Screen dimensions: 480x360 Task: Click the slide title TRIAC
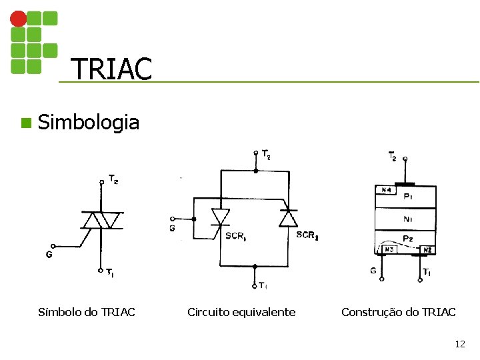pyautogui.click(x=111, y=68)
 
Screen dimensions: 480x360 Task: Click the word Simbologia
pyautogui.click(x=89, y=123)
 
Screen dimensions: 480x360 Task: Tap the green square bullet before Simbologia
pyautogui.click(x=25, y=123)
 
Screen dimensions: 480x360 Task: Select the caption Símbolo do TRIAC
pyautogui.click(x=87, y=312)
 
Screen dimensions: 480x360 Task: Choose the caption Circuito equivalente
pyautogui.click(x=241, y=312)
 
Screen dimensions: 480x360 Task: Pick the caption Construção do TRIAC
pyautogui.click(x=399, y=312)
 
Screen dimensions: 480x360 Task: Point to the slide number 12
pyautogui.click(x=459, y=344)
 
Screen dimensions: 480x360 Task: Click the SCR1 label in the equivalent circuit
pyautogui.click(x=235, y=236)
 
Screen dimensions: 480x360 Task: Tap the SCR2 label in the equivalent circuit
pyautogui.click(x=307, y=235)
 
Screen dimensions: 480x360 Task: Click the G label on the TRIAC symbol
pyautogui.click(x=49, y=254)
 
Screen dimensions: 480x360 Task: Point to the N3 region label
pyautogui.click(x=386, y=250)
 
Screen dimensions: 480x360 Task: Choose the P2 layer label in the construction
pyautogui.click(x=409, y=239)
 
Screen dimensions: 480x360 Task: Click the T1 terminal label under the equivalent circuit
pyautogui.click(x=263, y=286)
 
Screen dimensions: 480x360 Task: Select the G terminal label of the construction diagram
pyautogui.click(x=373, y=271)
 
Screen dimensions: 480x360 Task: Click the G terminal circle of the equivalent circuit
pyautogui.click(x=173, y=219)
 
